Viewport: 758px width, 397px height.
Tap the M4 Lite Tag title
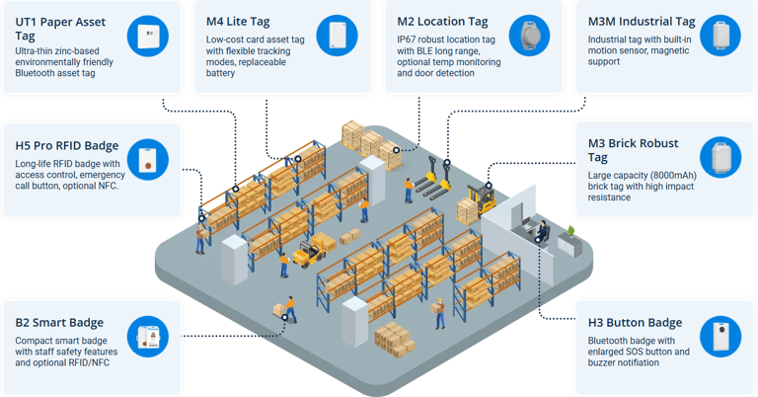tap(238, 21)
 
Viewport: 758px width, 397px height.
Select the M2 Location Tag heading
tap(442, 21)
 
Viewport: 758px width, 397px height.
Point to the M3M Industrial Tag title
tap(642, 21)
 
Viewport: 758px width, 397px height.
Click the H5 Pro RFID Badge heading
tap(67, 146)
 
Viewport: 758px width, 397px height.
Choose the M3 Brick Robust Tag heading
tap(633, 150)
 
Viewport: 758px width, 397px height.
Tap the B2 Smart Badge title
tap(59, 323)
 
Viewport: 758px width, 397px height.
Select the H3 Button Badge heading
tap(635, 323)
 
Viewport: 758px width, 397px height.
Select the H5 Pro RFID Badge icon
tap(148, 160)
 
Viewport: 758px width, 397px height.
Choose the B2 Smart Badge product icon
tap(148, 338)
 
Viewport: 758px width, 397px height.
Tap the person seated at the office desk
tap(541, 231)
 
